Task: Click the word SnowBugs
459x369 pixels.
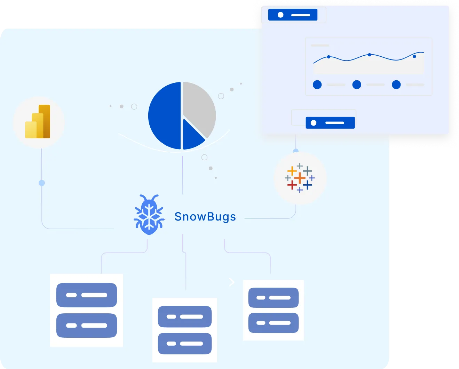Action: (x=205, y=217)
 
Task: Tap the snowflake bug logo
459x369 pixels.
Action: (x=149, y=215)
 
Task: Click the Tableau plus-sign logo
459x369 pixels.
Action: (x=300, y=178)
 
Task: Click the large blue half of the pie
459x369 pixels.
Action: (x=165, y=115)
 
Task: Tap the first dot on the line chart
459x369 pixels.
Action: (x=329, y=57)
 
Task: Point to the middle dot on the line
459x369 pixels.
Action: (x=370, y=55)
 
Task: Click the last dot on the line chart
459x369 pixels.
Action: (x=414, y=56)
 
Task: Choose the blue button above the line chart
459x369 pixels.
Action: (x=293, y=15)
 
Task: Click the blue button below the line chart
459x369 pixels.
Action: (x=330, y=123)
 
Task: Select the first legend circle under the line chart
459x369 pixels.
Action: (x=317, y=85)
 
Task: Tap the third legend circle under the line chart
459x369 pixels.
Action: (x=396, y=85)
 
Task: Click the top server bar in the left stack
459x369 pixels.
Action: (x=87, y=295)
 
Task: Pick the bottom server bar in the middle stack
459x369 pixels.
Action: (x=185, y=343)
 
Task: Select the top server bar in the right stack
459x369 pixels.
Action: (x=274, y=297)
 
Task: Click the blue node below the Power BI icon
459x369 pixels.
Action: (x=42, y=183)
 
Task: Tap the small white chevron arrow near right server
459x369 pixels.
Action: (x=232, y=282)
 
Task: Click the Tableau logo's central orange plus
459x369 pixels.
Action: (x=300, y=179)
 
